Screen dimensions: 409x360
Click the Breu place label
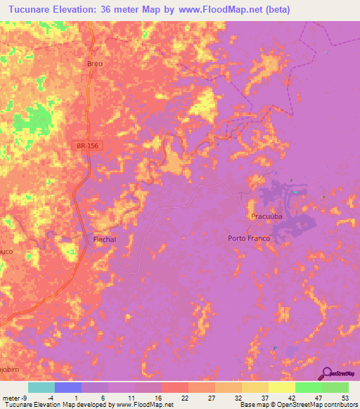[x=95, y=63]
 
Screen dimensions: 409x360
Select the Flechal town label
[x=104, y=240]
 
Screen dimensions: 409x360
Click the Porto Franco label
[x=250, y=238]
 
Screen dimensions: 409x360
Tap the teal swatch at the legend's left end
[x=41, y=387]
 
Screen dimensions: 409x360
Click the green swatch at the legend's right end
[x=335, y=387]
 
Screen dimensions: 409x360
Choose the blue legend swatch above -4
[x=68, y=387]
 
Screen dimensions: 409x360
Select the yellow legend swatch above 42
[x=282, y=387]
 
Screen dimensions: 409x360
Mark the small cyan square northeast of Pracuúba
[x=296, y=192]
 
